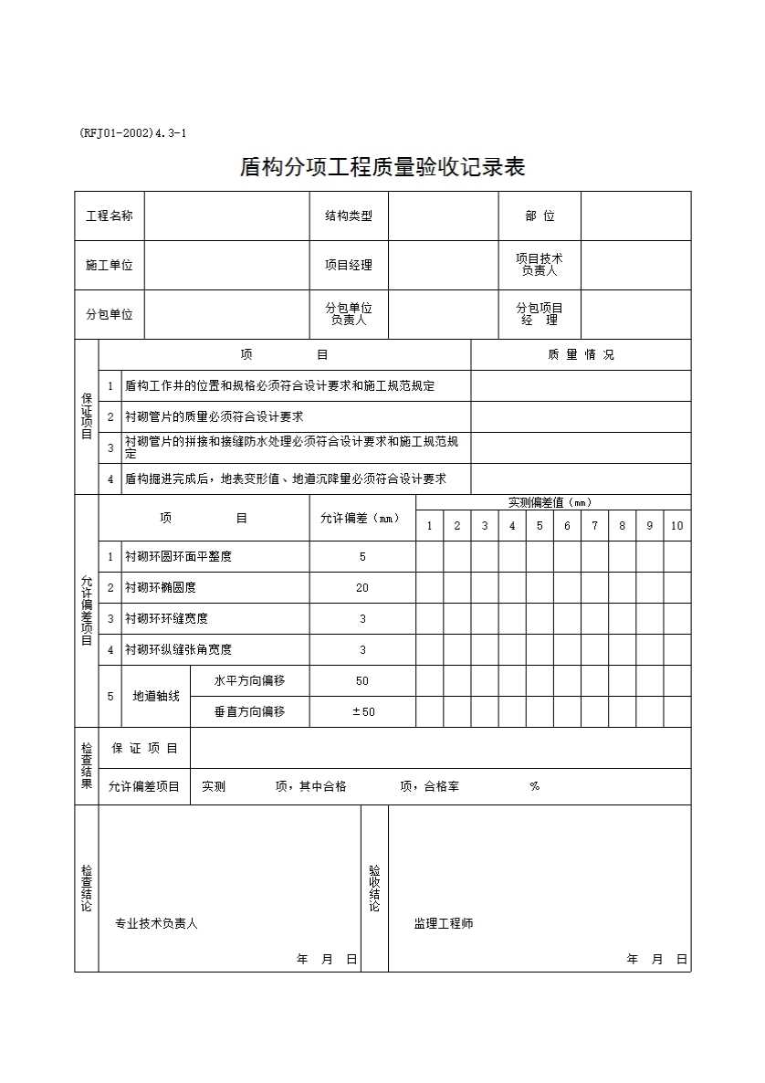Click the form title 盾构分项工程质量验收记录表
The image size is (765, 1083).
click(382, 167)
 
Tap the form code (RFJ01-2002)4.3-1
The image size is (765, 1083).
click(133, 133)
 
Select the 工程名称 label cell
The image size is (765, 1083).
click(110, 216)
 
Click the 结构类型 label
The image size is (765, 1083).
click(349, 216)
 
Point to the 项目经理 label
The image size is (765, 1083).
click(349, 266)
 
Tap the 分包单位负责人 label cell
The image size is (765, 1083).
click(349, 314)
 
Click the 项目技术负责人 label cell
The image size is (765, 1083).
click(540, 265)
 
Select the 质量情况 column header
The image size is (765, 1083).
click(581, 355)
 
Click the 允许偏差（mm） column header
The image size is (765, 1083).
click(362, 519)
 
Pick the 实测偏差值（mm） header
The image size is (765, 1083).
click(553, 502)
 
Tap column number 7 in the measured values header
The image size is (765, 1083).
click(594, 526)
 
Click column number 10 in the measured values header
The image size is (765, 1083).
click(677, 526)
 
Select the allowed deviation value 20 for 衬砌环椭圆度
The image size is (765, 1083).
click(362, 588)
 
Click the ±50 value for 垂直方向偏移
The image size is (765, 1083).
click(363, 712)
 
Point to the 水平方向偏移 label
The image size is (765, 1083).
click(249, 681)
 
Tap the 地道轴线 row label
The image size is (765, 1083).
click(156, 697)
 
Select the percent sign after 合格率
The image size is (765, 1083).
click(534, 786)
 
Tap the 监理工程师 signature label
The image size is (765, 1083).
click(444, 924)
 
